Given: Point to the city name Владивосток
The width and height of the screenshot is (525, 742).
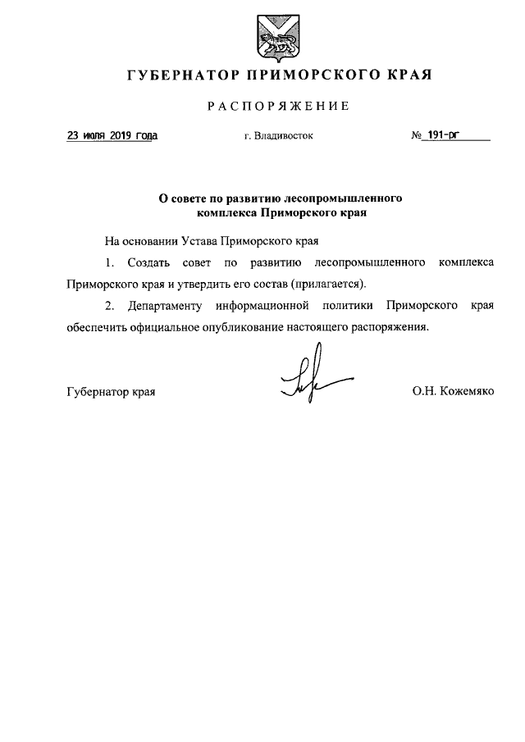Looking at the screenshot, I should tap(284, 137).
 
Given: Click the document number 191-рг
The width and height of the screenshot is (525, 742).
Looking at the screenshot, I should tap(450, 136).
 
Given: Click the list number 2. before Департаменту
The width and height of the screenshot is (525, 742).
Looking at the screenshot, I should tap(110, 306).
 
